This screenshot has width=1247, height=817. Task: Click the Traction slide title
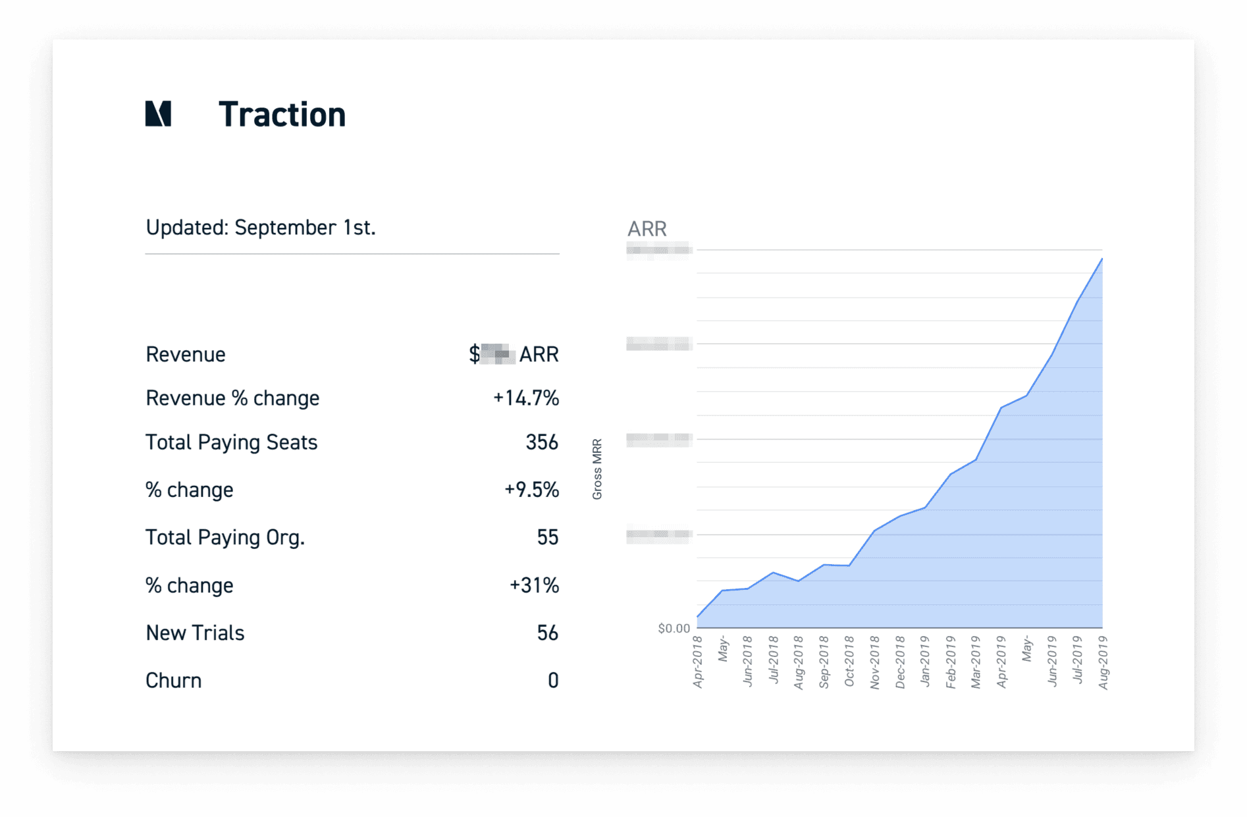tap(282, 115)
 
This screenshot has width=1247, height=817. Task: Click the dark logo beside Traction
tap(158, 114)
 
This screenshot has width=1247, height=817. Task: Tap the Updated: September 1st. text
tap(261, 228)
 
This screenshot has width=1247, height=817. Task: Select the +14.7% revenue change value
tap(525, 398)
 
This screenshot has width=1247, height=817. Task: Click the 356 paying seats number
tap(541, 442)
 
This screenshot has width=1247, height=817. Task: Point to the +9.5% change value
tap(531, 490)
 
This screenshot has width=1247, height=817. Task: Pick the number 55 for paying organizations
tap(547, 537)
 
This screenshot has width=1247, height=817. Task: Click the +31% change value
tap(534, 585)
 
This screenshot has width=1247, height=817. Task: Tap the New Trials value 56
tap(547, 633)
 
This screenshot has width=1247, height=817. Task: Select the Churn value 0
tap(553, 681)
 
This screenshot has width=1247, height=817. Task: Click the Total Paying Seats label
tap(231, 442)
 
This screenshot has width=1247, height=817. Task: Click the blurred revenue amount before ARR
tap(498, 354)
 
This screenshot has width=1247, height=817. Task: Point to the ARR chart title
tap(647, 229)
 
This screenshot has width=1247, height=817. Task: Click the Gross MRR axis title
tap(597, 469)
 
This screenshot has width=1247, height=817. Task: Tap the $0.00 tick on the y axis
tap(674, 629)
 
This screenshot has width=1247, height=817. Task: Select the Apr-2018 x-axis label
tap(698, 662)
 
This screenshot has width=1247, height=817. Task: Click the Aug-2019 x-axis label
tap(1103, 662)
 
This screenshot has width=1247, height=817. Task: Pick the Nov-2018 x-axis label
tap(875, 662)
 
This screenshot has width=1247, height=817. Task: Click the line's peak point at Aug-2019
tap(1101, 259)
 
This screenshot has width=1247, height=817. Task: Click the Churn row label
tap(173, 681)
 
